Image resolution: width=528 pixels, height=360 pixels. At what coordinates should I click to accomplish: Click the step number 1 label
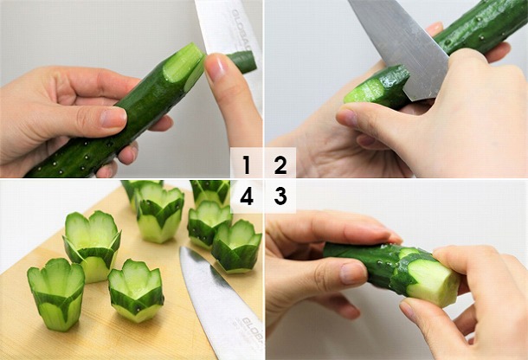(247, 164)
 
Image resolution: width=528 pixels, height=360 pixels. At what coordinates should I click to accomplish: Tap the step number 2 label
(280, 164)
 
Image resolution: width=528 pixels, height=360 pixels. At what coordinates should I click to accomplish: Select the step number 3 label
(280, 196)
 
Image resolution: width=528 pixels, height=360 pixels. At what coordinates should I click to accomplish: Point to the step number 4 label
(247, 196)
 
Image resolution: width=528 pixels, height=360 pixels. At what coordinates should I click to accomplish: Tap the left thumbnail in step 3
(351, 273)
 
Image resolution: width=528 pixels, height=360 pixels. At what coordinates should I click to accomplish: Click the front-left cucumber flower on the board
(55, 294)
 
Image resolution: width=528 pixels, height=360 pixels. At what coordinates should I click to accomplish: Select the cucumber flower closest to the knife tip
(237, 245)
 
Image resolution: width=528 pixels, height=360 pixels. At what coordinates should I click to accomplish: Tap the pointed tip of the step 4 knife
(183, 250)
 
